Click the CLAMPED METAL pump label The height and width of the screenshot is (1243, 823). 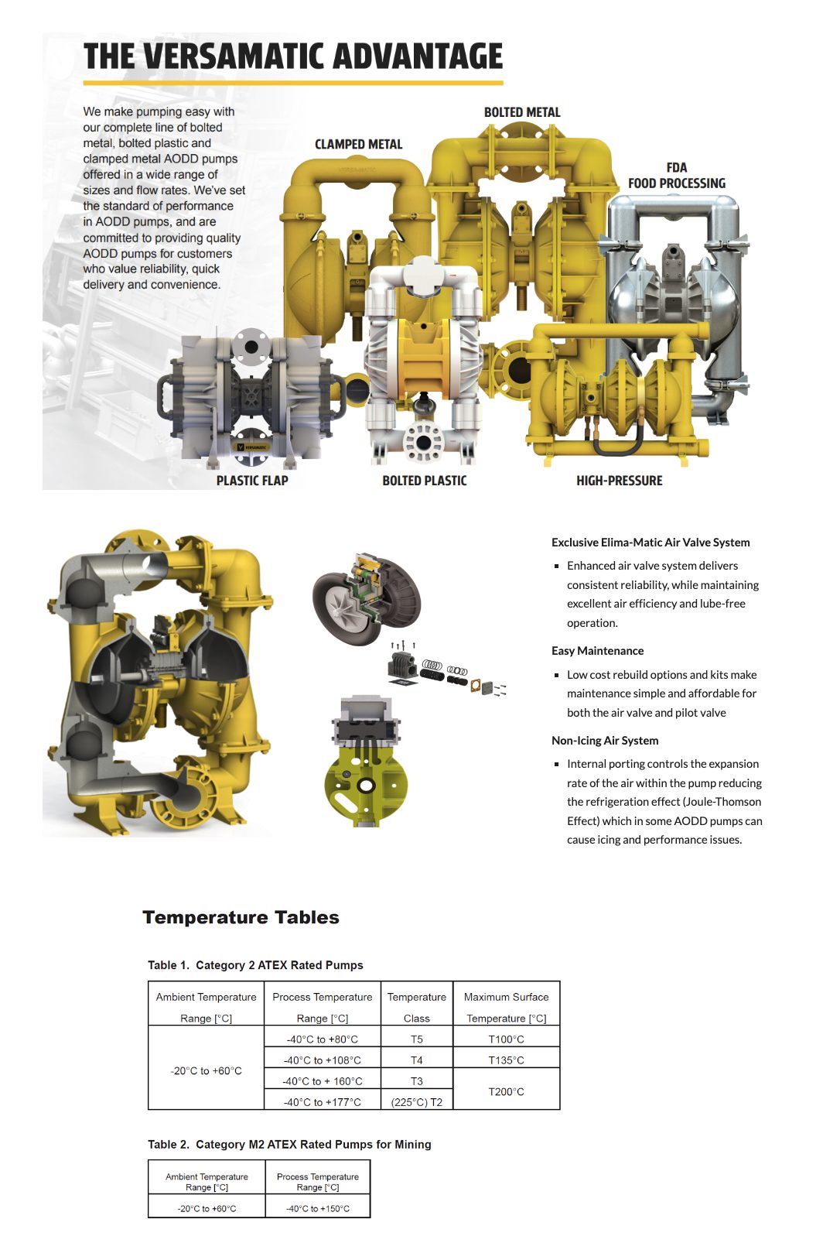coord(358,144)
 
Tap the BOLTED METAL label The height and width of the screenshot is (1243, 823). coord(522,112)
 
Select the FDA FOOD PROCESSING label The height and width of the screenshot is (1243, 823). coord(676,176)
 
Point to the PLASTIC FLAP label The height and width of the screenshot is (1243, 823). coord(252,481)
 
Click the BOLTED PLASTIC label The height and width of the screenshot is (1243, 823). coord(425,481)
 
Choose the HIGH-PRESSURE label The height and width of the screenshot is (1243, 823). coord(619,481)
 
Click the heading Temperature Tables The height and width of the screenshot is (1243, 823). coord(241,917)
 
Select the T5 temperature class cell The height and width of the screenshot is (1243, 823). coord(416,1039)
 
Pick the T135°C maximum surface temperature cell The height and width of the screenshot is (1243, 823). coord(506,1060)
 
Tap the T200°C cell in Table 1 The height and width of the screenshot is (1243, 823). coord(506,1091)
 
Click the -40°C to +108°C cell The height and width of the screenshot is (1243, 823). coord(322,1060)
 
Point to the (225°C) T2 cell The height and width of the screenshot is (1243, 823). coord(416,1102)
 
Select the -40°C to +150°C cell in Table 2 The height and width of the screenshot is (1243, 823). coord(317,1208)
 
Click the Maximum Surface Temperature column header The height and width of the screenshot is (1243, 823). coord(506,1007)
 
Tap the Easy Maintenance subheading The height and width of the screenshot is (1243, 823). coord(597,651)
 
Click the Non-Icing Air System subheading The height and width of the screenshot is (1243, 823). coord(605,741)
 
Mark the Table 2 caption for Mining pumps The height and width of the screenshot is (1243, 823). coord(289,1145)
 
